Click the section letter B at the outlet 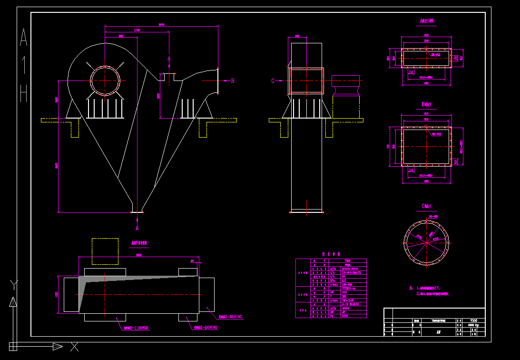tap(233, 80)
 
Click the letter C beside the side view tap(273, 81)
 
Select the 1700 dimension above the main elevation tap(137, 30)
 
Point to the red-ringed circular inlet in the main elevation tap(105, 80)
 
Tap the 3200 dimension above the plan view tap(138, 255)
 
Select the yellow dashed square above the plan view tap(105, 251)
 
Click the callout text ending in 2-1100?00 tap(135, 328)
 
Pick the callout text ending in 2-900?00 tap(230, 316)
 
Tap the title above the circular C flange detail tap(426, 206)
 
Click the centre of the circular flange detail tap(426, 242)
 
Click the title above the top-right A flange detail tap(426, 21)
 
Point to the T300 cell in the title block tap(473, 320)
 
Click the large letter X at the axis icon tap(74, 347)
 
